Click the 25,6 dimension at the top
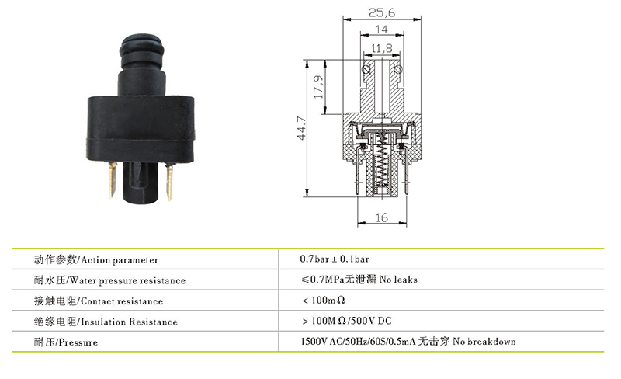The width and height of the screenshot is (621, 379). coord(382,12)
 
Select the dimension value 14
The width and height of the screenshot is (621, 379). coord(381,30)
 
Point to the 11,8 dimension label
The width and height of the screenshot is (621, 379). coord(382,48)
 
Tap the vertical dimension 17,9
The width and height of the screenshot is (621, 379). coord(318,87)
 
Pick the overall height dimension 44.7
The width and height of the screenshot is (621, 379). coord(302,128)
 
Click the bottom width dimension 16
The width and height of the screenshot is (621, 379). coord(381,217)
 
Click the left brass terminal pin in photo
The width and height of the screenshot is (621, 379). coord(113,180)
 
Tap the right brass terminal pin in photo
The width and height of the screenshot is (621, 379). coord(169,183)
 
